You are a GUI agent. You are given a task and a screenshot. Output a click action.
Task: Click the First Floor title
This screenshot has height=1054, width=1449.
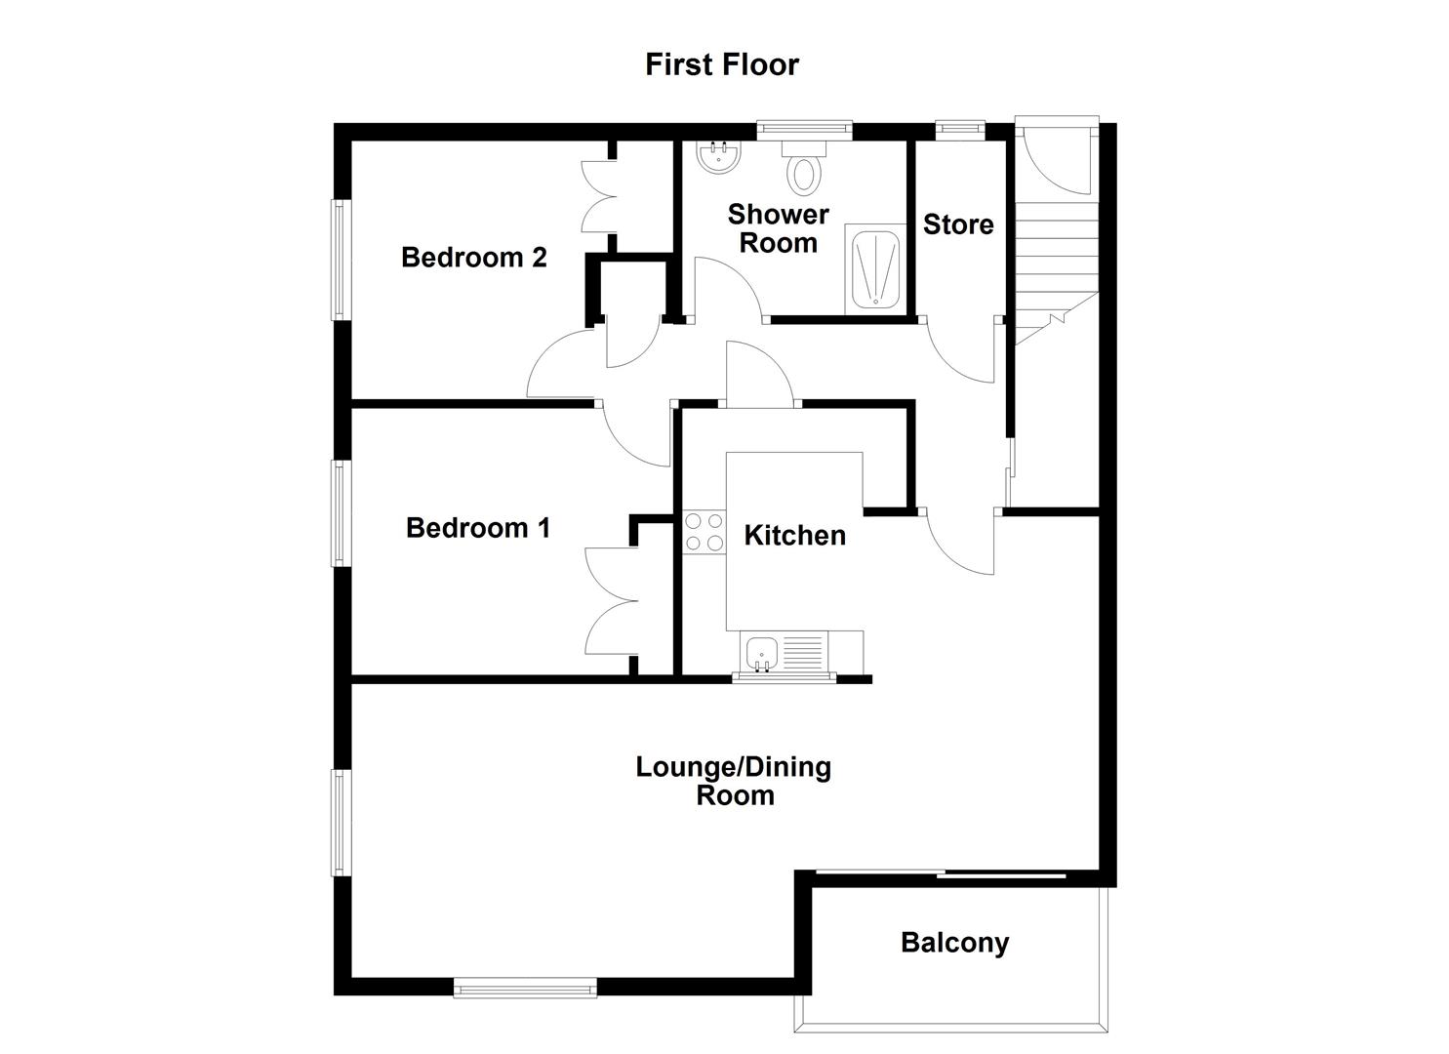[x=722, y=64]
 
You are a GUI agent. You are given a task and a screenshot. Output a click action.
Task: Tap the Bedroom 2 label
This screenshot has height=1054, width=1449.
[x=473, y=258]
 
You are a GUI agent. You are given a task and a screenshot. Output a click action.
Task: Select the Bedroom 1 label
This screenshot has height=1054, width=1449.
[x=478, y=528]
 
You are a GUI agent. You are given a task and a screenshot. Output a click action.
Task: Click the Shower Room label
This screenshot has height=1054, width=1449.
[x=778, y=228]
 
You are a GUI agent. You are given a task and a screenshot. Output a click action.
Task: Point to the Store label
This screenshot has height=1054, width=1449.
[x=958, y=224]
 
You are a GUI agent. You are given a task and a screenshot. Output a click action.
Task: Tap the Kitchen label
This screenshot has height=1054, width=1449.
[x=794, y=536]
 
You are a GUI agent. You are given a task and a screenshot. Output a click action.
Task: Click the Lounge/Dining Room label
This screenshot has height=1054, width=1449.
[x=734, y=781]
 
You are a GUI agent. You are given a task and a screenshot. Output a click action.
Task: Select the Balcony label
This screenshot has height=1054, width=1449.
[x=954, y=943]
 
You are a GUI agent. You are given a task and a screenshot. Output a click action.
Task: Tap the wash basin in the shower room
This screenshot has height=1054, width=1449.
[x=720, y=157]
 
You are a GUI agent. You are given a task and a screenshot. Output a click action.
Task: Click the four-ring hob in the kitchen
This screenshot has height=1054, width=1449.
[x=704, y=532]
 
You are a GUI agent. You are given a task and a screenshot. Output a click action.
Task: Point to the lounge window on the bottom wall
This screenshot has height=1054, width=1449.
[x=525, y=989]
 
